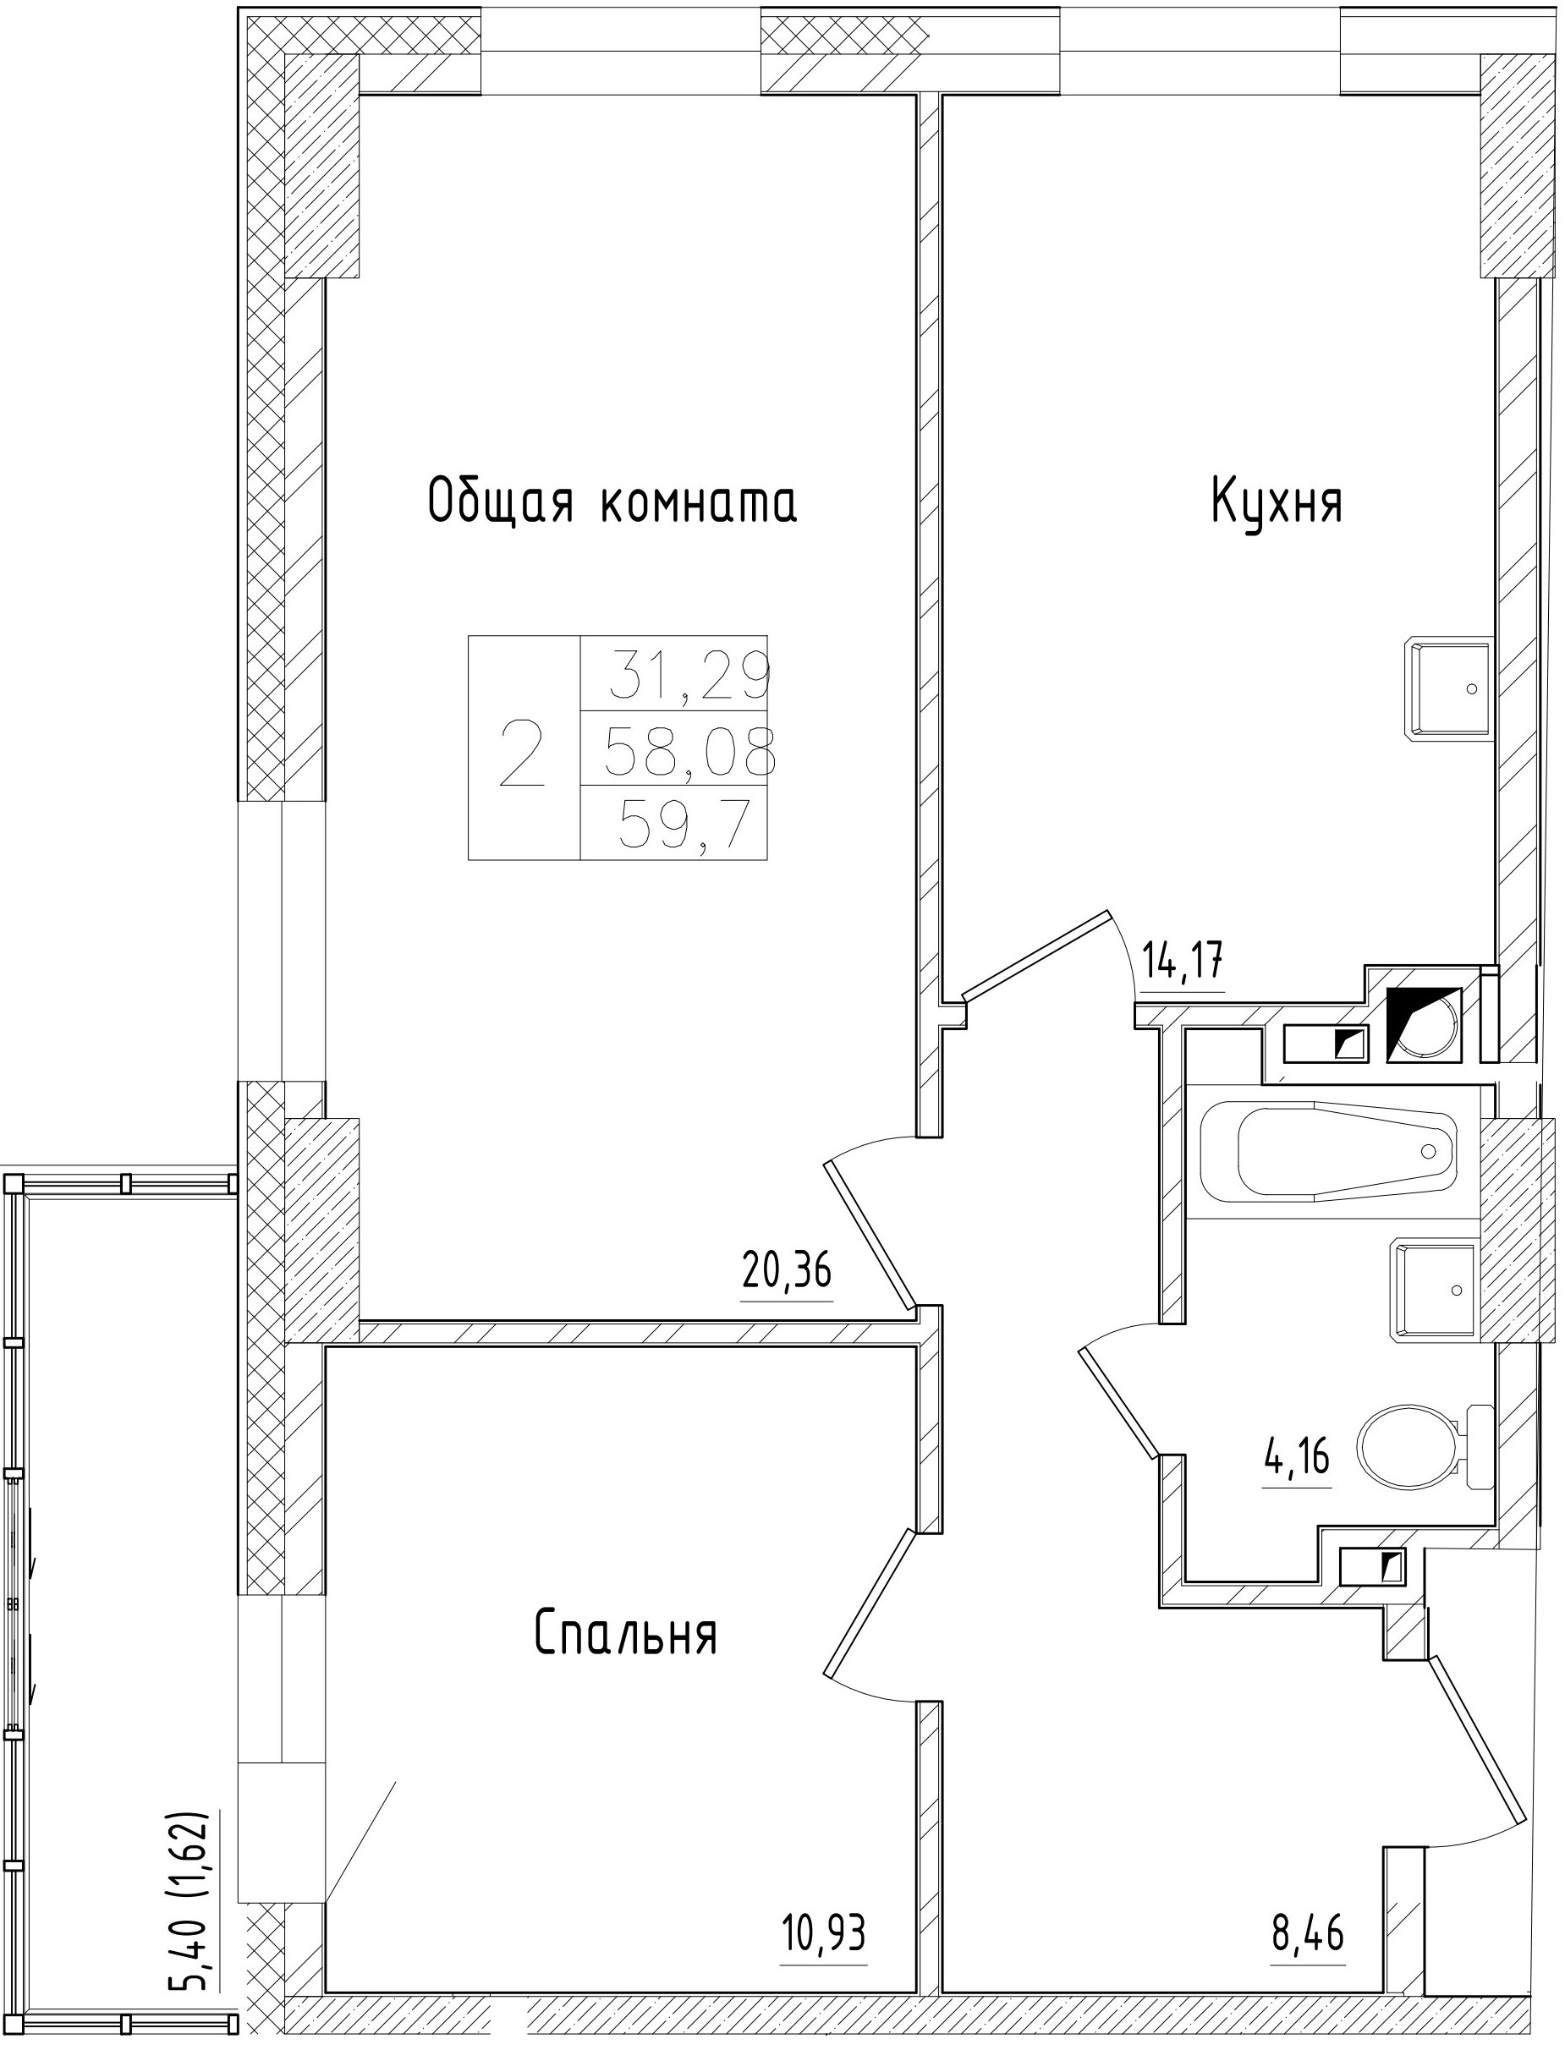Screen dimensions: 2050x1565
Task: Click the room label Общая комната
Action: pos(612,503)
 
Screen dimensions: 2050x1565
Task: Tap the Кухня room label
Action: pos(1277,503)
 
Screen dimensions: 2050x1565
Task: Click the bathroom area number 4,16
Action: pos(1297,1480)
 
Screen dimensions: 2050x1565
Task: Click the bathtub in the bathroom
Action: pos(1326,1153)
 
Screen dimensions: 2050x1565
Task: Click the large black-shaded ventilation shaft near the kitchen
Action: pos(1424,1023)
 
